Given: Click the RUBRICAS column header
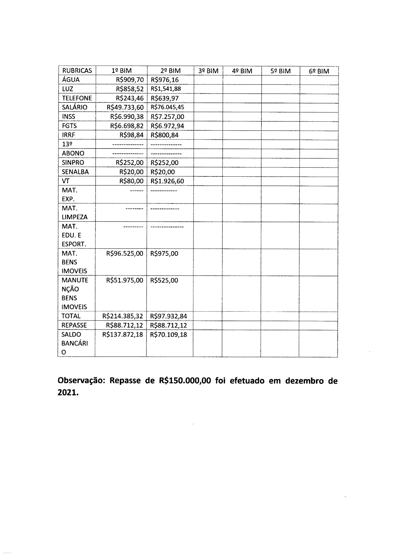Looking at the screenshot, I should [77, 71].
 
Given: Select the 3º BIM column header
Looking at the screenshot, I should [208, 71].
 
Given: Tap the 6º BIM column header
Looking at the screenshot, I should [319, 71].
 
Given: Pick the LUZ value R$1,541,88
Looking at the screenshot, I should [166, 89].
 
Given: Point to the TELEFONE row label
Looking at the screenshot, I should [77, 98].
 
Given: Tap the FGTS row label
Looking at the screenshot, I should [69, 126].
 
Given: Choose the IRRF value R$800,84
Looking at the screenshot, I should [165, 135].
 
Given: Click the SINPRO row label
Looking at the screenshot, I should [73, 163].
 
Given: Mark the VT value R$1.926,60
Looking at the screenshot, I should [167, 181].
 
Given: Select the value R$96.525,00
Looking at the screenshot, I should [125, 254].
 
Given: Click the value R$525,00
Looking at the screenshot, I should [164, 280].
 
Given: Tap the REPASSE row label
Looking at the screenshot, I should [74, 325].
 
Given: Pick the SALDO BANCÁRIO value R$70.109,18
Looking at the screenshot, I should [169, 335].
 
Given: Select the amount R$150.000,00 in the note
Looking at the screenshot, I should [183, 381].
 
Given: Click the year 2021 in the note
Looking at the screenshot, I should [68, 393].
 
